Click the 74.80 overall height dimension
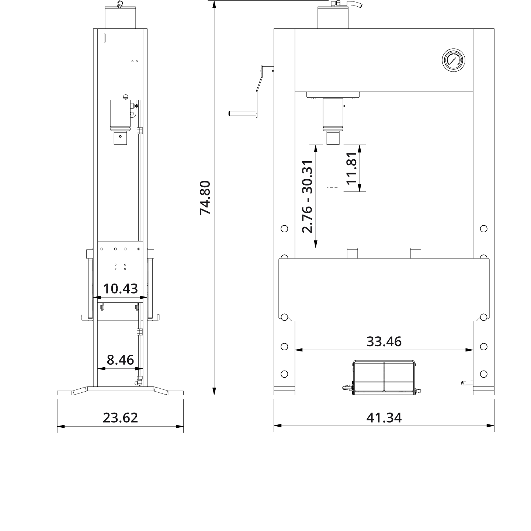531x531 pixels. click(x=205, y=198)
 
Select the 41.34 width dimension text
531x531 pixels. click(x=384, y=418)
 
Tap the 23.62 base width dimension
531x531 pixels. click(x=120, y=418)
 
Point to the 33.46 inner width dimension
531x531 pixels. click(x=384, y=342)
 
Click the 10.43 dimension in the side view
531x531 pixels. click(x=120, y=289)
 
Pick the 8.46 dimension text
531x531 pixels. click(x=120, y=360)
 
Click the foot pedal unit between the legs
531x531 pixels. click(x=384, y=376)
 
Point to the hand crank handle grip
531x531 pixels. click(x=242, y=114)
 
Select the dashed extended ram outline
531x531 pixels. click(x=333, y=167)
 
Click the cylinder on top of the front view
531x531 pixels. click(x=333, y=18)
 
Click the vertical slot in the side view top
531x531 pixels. click(x=105, y=38)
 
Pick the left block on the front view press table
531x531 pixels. click(x=353, y=253)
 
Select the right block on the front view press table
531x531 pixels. click(x=416, y=253)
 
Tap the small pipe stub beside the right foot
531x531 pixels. click(x=467, y=383)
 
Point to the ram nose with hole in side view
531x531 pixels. click(x=120, y=139)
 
